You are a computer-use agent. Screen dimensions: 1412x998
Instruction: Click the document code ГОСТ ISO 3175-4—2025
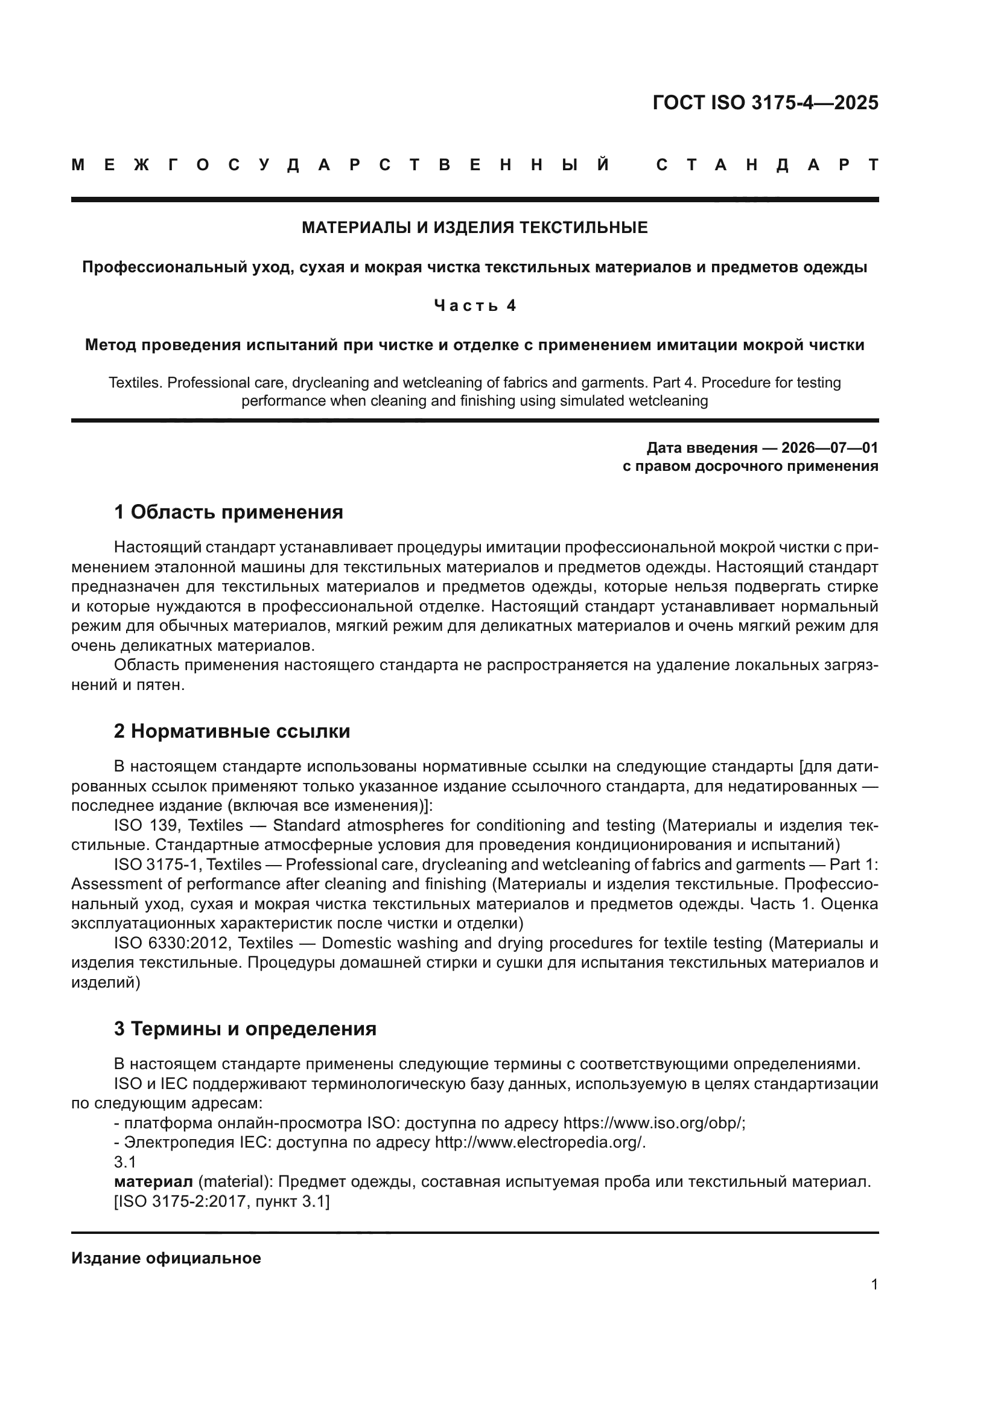click(x=765, y=103)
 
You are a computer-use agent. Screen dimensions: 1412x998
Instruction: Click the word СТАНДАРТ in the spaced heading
click(x=767, y=165)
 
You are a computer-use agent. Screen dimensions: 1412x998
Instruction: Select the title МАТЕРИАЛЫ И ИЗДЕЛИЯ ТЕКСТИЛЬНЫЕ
click(x=474, y=228)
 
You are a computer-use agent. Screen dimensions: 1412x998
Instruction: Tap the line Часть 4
click(x=474, y=305)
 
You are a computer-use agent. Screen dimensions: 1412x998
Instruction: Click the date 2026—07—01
click(x=830, y=448)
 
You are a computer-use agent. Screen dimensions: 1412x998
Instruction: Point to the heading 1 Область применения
click(x=228, y=512)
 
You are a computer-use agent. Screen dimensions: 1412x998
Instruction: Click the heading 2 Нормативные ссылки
click(x=232, y=731)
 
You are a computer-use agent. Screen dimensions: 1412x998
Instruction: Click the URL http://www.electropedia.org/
click(x=539, y=1143)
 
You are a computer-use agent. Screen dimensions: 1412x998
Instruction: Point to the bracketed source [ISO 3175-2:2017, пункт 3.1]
click(x=222, y=1202)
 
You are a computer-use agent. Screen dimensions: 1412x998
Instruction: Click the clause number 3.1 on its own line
click(x=125, y=1162)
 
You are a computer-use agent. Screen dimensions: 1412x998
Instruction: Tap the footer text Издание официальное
click(x=166, y=1258)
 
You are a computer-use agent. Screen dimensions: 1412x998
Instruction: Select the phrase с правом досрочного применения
click(x=750, y=466)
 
